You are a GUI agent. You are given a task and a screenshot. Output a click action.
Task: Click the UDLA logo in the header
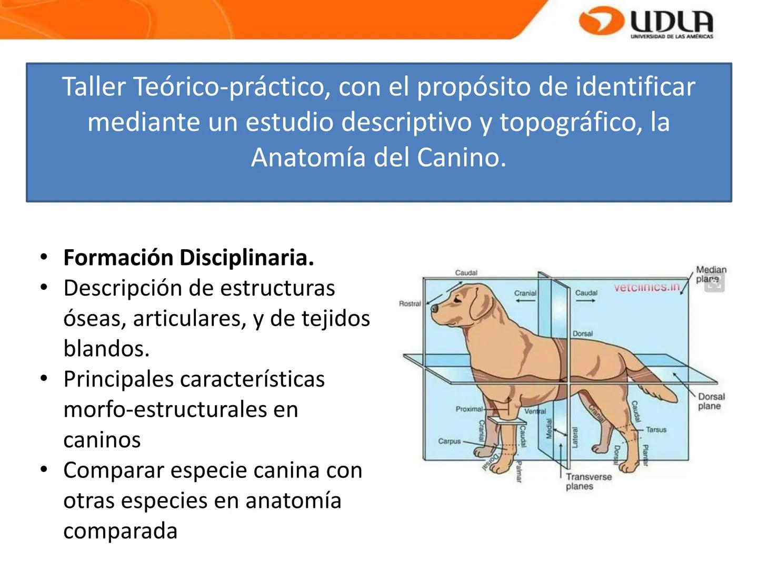pyautogui.click(x=646, y=22)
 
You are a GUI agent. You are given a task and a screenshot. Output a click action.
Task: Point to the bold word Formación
pyautogui.click(x=118, y=258)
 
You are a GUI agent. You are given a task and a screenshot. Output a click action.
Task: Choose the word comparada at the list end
pyautogui.click(x=120, y=531)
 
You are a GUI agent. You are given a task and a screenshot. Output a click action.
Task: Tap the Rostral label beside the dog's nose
pyautogui.click(x=410, y=303)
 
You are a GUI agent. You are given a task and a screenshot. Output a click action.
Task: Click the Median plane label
pyautogui.click(x=711, y=274)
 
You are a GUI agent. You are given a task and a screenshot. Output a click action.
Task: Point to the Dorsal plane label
pyautogui.click(x=711, y=401)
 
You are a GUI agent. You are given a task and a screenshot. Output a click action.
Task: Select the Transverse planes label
pyautogui.click(x=588, y=481)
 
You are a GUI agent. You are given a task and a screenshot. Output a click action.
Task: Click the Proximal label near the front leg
pyautogui.click(x=468, y=409)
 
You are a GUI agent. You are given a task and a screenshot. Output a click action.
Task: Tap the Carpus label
pyautogui.click(x=449, y=441)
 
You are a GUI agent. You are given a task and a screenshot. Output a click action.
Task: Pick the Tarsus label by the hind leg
pyautogui.click(x=656, y=429)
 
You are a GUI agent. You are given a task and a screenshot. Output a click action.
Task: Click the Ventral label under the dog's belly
pyautogui.click(x=535, y=411)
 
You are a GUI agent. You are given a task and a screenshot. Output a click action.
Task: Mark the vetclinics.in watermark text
pyautogui.click(x=646, y=288)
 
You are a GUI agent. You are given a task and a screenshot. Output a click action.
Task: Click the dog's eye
pyautogui.click(x=456, y=299)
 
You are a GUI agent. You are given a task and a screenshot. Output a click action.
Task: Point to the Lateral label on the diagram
pyautogui.click(x=575, y=438)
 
